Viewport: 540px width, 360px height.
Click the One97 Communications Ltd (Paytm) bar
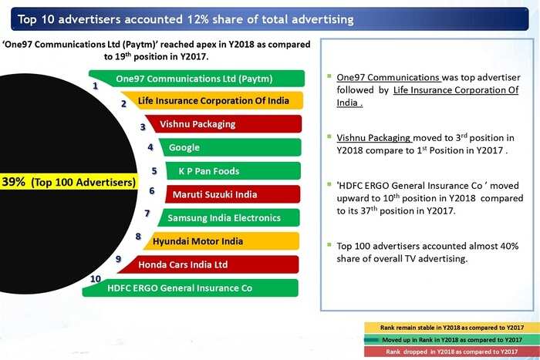(197, 79)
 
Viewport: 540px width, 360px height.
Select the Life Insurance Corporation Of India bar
(212, 100)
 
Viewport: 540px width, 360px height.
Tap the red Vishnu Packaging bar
(224, 124)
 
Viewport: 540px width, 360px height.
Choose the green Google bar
(230, 147)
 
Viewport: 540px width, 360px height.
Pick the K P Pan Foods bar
(233, 170)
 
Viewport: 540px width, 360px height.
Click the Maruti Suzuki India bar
(232, 194)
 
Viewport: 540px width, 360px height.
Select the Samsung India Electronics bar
(228, 217)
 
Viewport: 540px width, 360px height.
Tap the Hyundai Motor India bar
(221, 241)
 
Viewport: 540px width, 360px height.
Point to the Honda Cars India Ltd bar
(208, 264)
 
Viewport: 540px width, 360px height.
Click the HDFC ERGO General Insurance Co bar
(190, 288)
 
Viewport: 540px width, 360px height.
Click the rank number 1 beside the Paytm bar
(96, 86)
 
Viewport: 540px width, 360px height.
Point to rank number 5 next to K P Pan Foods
(154, 170)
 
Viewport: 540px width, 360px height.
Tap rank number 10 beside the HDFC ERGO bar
(96, 278)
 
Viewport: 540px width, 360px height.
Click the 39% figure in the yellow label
(13, 182)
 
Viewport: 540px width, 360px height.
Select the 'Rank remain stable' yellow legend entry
(452, 328)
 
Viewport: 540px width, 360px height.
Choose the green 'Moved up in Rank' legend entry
(452, 340)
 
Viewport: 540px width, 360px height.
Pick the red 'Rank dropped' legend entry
(452, 352)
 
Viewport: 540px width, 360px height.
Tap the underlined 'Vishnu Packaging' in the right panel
(373, 138)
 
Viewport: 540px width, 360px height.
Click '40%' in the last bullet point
(510, 246)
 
